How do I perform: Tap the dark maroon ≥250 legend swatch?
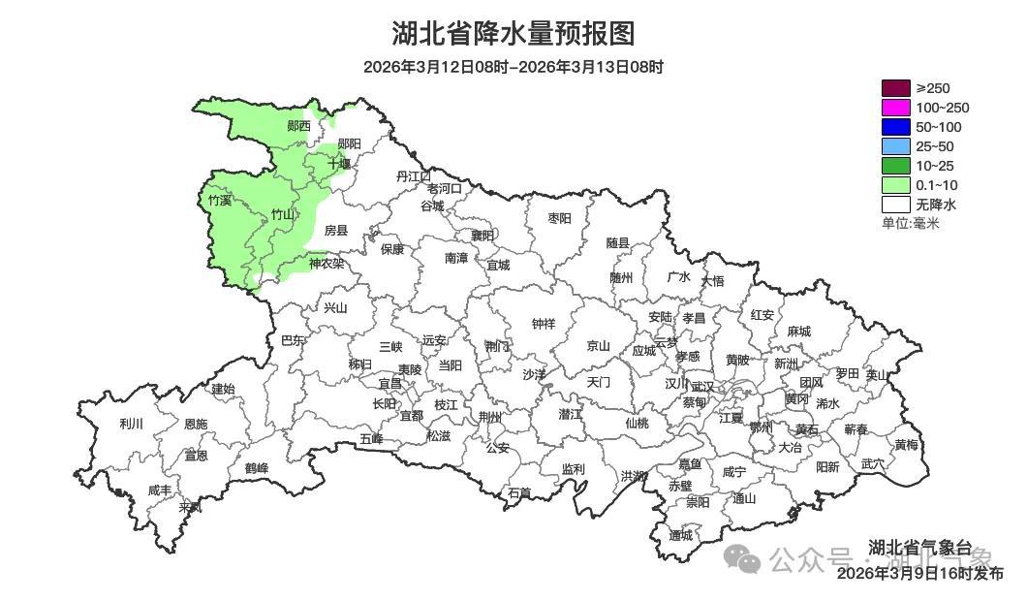(x=896, y=88)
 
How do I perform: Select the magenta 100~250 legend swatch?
(x=896, y=108)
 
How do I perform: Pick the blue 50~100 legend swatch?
(x=896, y=127)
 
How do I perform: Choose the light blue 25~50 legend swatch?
(x=896, y=146)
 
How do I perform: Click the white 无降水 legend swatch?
(x=896, y=205)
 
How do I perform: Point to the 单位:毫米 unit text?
(x=910, y=223)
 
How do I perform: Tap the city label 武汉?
(x=701, y=386)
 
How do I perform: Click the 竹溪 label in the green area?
(x=221, y=201)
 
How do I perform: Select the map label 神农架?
(x=327, y=263)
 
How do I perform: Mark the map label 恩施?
(x=195, y=424)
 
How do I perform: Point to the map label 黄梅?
(x=906, y=445)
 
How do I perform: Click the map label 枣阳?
(x=560, y=218)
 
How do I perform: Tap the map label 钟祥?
(x=544, y=324)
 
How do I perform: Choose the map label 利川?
(x=131, y=424)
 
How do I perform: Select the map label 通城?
(x=681, y=535)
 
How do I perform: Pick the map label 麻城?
(x=798, y=332)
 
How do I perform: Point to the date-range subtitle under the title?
(x=513, y=67)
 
